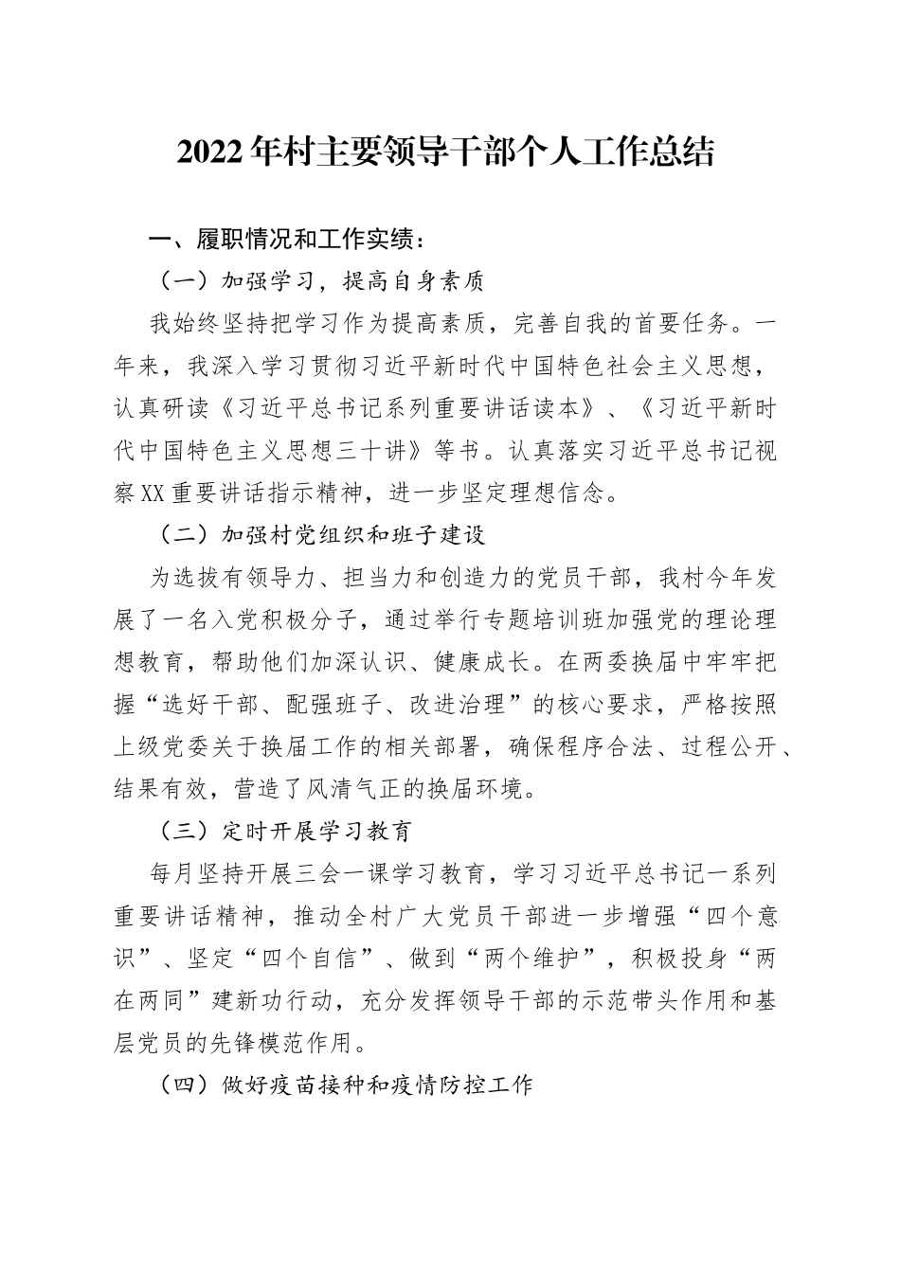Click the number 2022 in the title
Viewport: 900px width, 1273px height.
pyautogui.click(x=209, y=152)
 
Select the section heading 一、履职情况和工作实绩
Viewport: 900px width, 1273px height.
pyautogui.click(x=279, y=241)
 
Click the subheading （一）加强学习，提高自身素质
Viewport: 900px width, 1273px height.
pyautogui.click(x=318, y=281)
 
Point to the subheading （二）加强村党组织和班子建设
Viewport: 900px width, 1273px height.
pyautogui.click(x=318, y=535)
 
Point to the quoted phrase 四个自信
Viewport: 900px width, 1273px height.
pyautogui.click(x=317, y=958)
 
